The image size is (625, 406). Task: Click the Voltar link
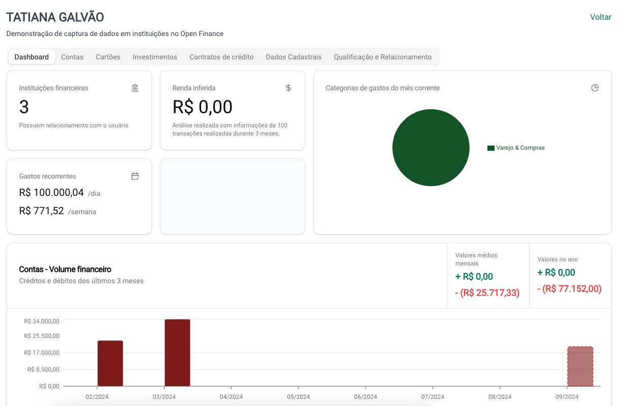[x=600, y=17]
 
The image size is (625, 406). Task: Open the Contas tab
[x=72, y=57]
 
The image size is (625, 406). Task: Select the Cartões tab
[x=108, y=57]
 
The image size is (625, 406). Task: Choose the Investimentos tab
[x=155, y=57]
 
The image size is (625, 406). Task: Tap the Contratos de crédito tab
[x=221, y=57]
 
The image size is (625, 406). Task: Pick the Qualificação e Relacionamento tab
[x=382, y=57]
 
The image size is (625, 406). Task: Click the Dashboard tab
[x=31, y=57]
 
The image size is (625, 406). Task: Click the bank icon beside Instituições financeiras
[x=135, y=88]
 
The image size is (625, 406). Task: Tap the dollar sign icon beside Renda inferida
[x=288, y=88]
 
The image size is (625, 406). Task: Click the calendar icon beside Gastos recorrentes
[x=135, y=176]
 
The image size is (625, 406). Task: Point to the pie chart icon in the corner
[x=595, y=88]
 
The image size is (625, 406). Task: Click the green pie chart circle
[x=431, y=148]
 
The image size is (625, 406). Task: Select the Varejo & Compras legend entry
[x=516, y=148]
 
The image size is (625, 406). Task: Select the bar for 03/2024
[x=177, y=353]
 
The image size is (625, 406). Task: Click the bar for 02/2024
[x=110, y=363]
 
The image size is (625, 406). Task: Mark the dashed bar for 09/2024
[x=580, y=366]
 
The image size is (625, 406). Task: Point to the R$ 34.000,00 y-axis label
[x=42, y=321]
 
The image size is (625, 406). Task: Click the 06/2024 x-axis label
[x=366, y=397]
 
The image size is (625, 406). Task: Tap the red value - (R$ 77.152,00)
[x=569, y=289]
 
